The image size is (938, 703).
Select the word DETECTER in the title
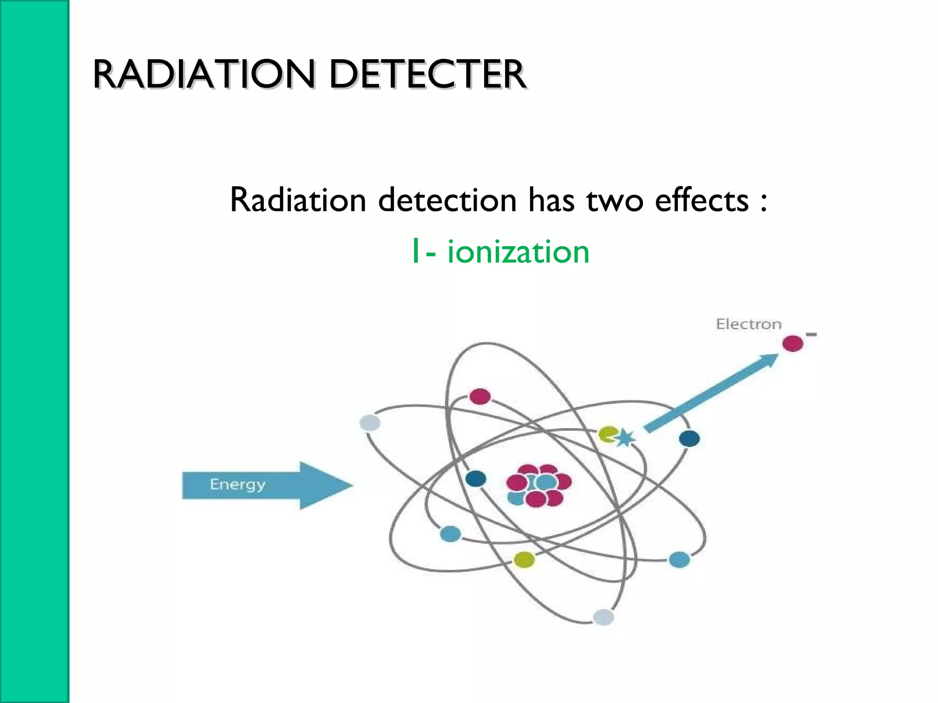click(427, 75)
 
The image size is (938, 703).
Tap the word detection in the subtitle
click(447, 200)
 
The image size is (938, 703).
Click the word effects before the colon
click(701, 200)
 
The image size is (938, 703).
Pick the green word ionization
click(518, 252)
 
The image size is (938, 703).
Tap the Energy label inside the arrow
click(237, 485)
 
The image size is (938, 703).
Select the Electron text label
click(748, 324)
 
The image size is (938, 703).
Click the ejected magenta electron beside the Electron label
click(792, 343)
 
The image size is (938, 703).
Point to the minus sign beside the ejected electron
click(811, 335)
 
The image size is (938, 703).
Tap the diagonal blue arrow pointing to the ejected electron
click(710, 393)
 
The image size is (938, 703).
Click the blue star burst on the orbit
click(625, 438)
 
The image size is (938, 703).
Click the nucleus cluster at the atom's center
click(539, 486)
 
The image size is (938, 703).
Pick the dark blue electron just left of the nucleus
click(475, 479)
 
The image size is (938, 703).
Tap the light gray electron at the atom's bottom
click(603, 617)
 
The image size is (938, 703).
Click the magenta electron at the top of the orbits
click(480, 396)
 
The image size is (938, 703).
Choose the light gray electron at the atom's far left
click(370, 423)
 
